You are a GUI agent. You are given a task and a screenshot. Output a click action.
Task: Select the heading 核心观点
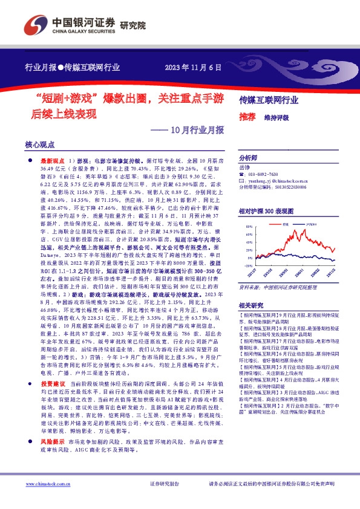coord(39,146)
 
